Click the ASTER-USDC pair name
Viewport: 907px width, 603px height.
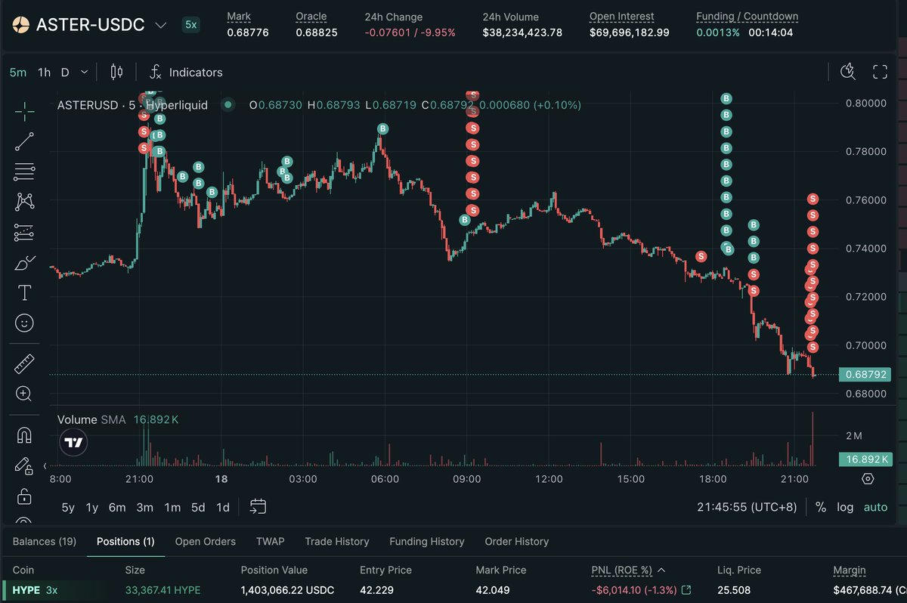(x=90, y=24)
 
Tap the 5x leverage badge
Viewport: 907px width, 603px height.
(x=191, y=24)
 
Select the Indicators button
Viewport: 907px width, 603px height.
(x=195, y=73)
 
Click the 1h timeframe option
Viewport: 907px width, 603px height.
(x=44, y=73)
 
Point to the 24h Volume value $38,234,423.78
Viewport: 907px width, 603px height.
(x=522, y=32)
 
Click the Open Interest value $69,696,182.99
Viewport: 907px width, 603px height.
(x=629, y=32)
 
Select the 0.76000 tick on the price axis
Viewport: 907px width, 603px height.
(x=865, y=200)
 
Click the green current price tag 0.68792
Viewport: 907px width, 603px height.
(x=866, y=374)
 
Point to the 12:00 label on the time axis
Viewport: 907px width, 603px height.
(x=549, y=479)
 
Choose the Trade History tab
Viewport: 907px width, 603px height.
(x=336, y=542)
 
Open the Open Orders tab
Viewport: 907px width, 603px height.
(x=205, y=542)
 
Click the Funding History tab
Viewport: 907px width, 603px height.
(x=426, y=542)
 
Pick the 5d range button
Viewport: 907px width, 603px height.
(x=198, y=508)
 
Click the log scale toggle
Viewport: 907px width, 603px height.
(x=844, y=508)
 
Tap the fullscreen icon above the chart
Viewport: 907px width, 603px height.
(x=880, y=73)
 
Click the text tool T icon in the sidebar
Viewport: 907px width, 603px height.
(x=24, y=292)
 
